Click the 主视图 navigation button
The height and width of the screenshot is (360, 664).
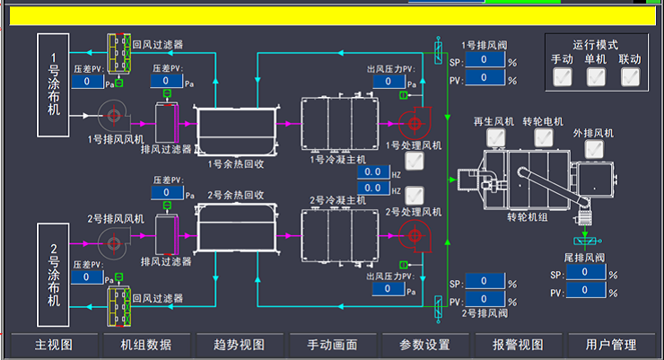pyautogui.click(x=53, y=345)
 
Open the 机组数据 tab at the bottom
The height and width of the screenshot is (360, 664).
pyautogui.click(x=146, y=345)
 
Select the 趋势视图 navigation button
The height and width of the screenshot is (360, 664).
pyautogui.click(x=240, y=345)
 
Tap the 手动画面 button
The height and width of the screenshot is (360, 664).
pyautogui.click(x=332, y=345)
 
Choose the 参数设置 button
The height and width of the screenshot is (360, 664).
pyautogui.click(x=424, y=345)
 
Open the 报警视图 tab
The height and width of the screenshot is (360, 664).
pyautogui.click(x=518, y=345)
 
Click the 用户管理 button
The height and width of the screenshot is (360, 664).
pyautogui.click(x=610, y=345)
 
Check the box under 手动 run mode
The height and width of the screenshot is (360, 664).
pyautogui.click(x=563, y=77)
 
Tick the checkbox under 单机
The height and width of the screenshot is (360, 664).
pyautogui.click(x=597, y=77)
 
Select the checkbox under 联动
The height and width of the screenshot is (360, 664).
pyautogui.click(x=631, y=77)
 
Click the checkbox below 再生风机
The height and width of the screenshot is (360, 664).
pyautogui.click(x=494, y=137)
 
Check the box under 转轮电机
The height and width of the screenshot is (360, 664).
pyautogui.click(x=543, y=137)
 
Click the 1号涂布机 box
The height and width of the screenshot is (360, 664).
pyautogui.click(x=54, y=84)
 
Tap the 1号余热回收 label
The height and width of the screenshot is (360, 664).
pyautogui.click(x=235, y=163)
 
